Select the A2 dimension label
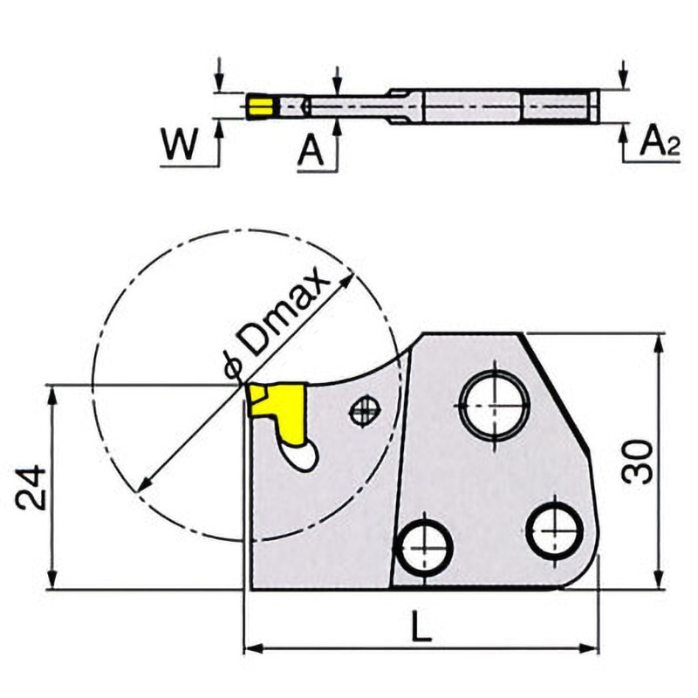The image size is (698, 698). (659, 142)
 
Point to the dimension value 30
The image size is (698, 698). (639, 462)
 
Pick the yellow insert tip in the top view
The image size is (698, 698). (258, 107)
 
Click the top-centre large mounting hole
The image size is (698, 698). (495, 404)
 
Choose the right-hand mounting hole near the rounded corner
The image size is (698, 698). (556, 528)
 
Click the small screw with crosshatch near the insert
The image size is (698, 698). (363, 411)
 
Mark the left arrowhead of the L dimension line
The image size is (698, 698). (250, 648)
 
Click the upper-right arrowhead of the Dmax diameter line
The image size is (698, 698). (351, 278)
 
